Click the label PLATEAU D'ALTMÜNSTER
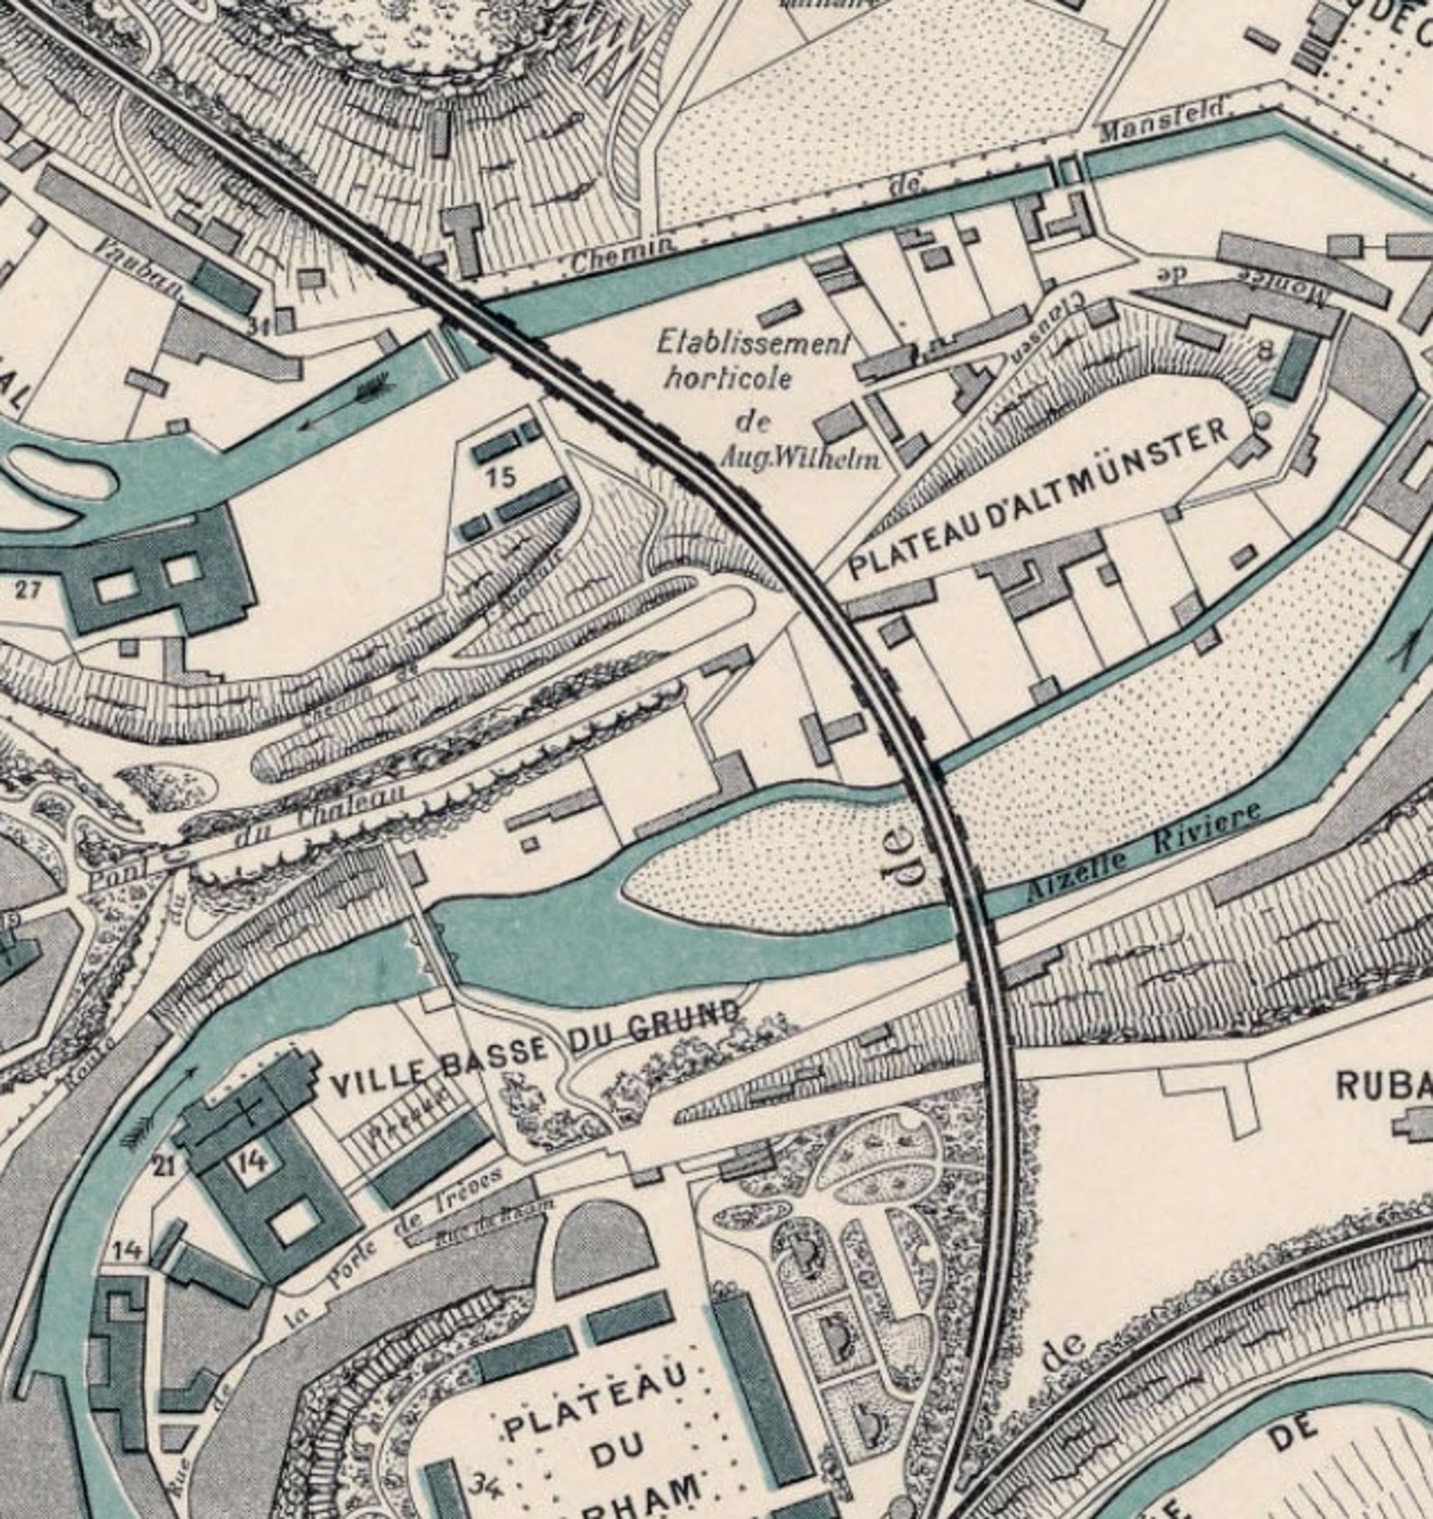(x=1040, y=499)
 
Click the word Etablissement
(x=753, y=344)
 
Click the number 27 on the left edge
(x=28, y=590)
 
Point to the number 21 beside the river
(x=163, y=1166)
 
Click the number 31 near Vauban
(x=262, y=327)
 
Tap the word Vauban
(x=140, y=270)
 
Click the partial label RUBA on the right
(x=1383, y=1086)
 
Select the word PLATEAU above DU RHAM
(x=596, y=1398)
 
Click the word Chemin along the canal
(x=622, y=257)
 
